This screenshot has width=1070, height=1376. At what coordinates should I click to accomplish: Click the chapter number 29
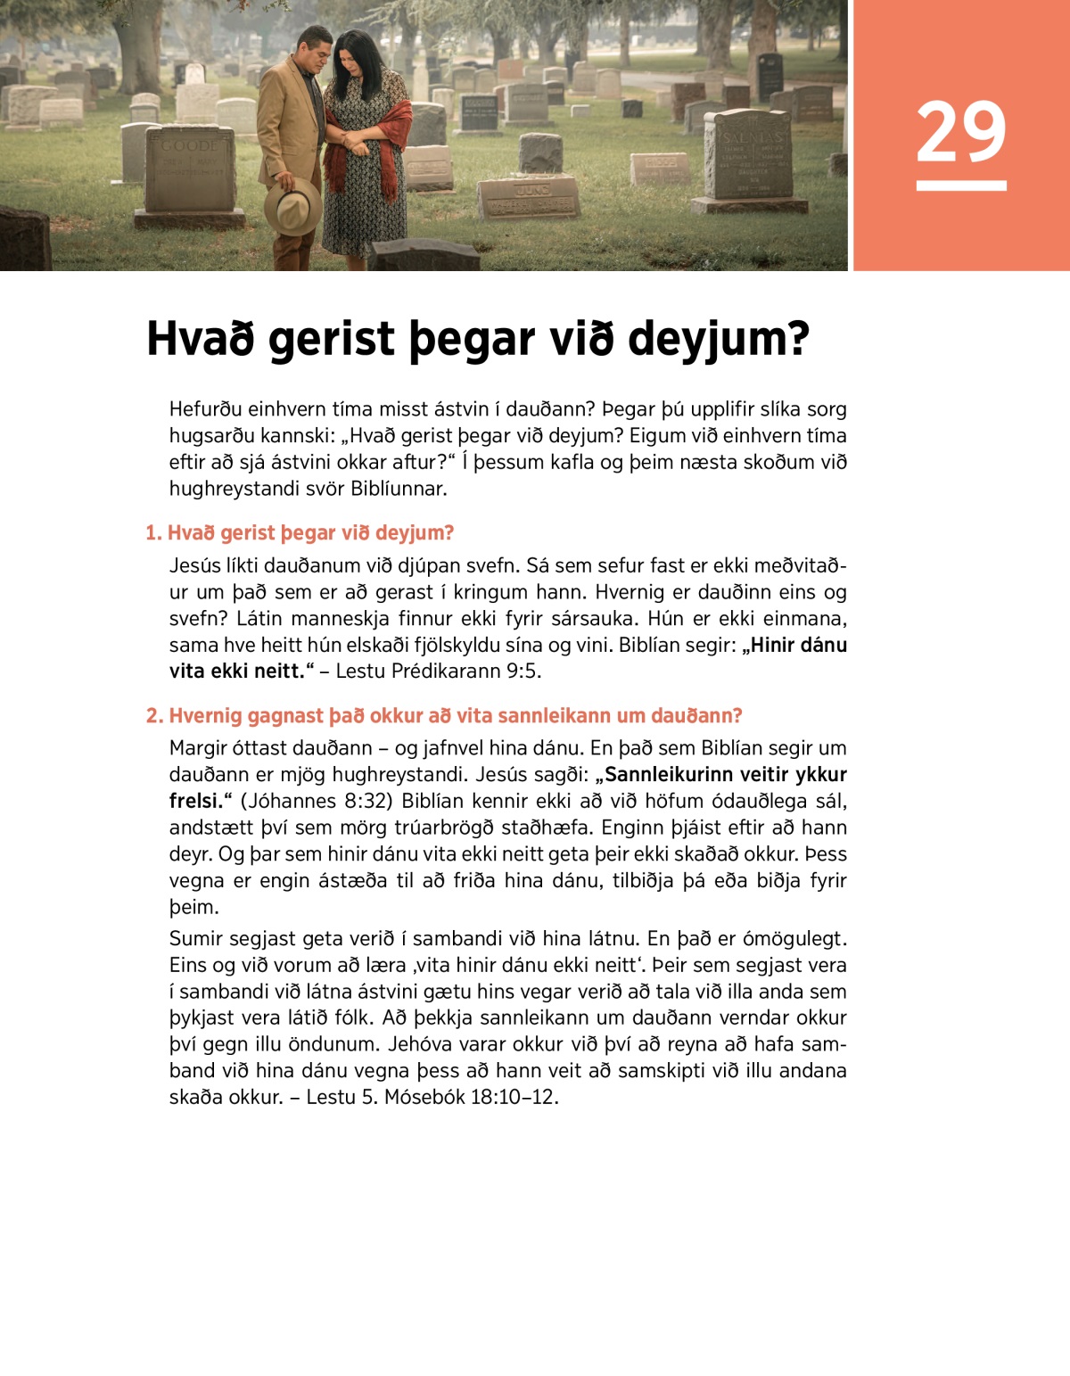coord(960,132)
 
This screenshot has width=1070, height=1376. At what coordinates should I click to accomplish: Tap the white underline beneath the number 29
coord(960,185)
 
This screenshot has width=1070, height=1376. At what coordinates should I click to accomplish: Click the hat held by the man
coord(292,206)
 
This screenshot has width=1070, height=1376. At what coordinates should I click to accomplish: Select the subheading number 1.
coord(152,533)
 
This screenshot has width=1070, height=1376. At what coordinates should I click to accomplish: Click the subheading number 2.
coord(153,716)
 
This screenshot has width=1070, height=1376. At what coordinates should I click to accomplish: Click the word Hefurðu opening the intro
coord(207,409)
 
